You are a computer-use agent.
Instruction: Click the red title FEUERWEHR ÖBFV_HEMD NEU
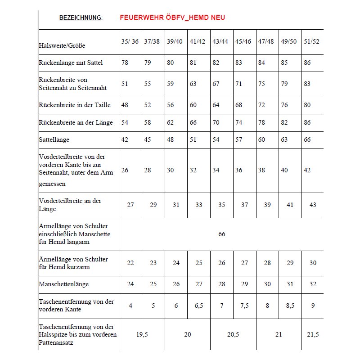click(172, 18)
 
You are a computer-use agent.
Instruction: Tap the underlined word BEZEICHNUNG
click(80, 18)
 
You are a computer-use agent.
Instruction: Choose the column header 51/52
click(313, 41)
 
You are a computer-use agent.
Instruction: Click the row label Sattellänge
click(54, 140)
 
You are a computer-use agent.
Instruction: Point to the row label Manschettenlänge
click(64, 284)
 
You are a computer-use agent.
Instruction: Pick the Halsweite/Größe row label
click(62, 45)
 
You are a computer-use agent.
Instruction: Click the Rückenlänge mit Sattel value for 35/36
click(125, 63)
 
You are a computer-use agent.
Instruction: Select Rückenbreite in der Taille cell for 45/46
click(238, 105)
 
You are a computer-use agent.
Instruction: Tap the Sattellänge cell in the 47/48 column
click(261, 139)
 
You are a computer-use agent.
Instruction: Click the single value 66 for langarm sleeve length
click(221, 234)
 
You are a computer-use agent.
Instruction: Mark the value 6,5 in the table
click(198, 306)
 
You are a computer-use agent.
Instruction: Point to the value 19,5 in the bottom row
click(142, 334)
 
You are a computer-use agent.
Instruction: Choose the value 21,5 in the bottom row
click(313, 334)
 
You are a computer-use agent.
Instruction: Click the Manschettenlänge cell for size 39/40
click(176, 284)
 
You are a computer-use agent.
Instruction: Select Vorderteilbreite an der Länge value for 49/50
click(290, 205)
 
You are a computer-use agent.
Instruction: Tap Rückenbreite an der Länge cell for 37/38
click(148, 122)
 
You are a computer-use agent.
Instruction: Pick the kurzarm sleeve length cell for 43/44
click(221, 263)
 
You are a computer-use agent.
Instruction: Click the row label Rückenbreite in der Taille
click(75, 105)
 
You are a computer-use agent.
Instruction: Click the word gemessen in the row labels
click(52, 184)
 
